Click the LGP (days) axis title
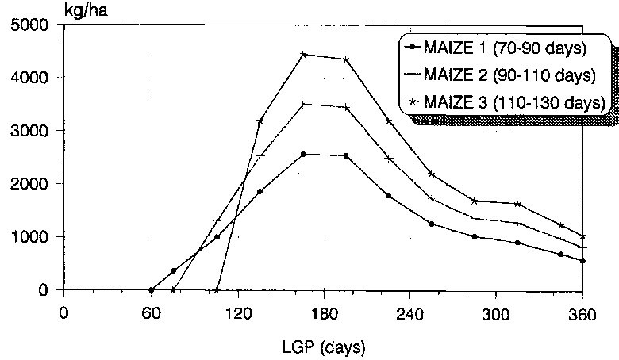click(323, 346)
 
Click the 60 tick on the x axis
click(151, 311)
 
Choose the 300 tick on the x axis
click(496, 311)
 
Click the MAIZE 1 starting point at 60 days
click(151, 289)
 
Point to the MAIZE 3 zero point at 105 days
click(217, 289)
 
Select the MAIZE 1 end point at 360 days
click(583, 261)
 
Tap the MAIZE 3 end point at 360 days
click(583, 236)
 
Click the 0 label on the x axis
click(64, 311)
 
